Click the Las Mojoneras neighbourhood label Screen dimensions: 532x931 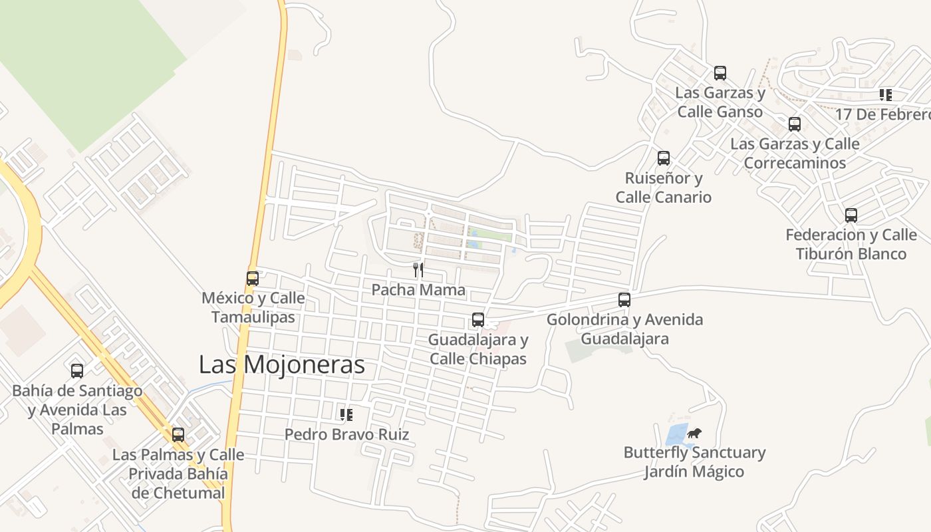282,364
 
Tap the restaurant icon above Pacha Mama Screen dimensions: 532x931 418,269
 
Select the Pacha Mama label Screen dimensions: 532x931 418,290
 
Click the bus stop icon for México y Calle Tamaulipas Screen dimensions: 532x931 253,279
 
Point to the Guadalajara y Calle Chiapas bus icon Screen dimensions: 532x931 478,320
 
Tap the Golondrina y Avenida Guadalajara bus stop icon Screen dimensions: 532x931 624,300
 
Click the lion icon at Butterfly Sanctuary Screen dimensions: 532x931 694,434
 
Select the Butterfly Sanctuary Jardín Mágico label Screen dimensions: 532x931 694,462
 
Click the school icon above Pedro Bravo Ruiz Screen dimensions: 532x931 346,415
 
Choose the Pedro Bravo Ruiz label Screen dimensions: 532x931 346,435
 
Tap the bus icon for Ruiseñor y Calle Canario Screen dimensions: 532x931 664,158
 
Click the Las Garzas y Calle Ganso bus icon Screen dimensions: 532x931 720,73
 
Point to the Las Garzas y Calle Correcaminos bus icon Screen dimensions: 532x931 795,124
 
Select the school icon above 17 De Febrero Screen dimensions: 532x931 885,95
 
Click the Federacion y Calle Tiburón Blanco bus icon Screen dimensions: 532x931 851,215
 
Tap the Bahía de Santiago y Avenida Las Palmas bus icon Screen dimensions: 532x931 77,371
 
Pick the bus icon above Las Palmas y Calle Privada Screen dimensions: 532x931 178,435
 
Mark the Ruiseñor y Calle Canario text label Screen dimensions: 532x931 663,188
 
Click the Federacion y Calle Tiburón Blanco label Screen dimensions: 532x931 851,244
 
